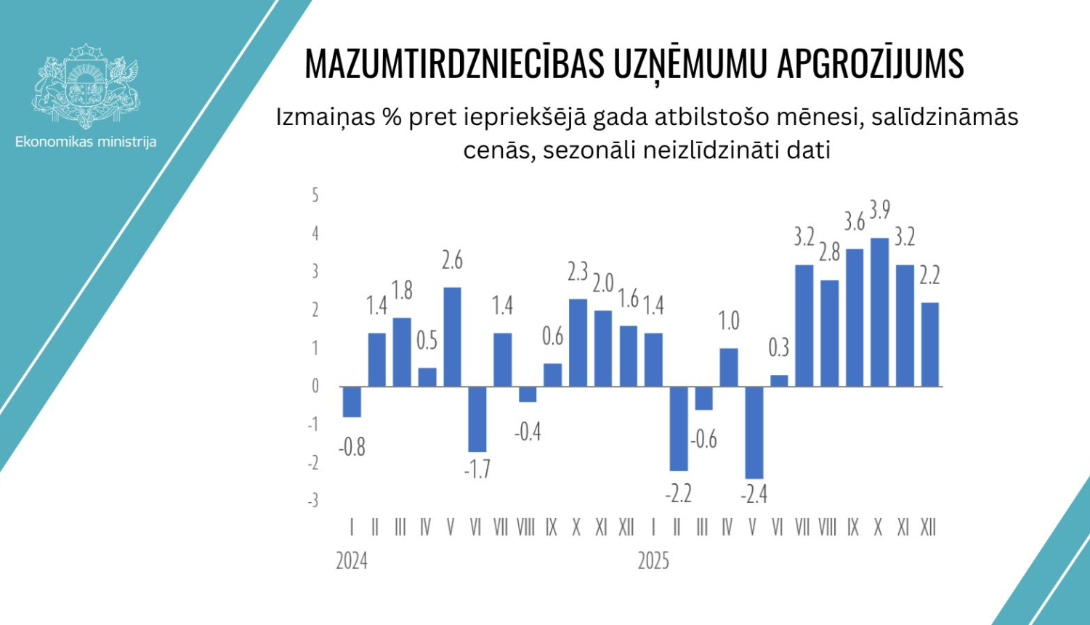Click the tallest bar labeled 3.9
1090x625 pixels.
[x=879, y=312]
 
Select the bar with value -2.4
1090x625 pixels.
[x=754, y=432]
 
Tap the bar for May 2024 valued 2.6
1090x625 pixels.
[x=452, y=336]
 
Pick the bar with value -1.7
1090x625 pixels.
[x=477, y=419]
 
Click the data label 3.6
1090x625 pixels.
[x=854, y=222]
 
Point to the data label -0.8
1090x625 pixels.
[x=352, y=447]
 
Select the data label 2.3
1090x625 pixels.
[x=578, y=272]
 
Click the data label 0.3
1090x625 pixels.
[x=778, y=348]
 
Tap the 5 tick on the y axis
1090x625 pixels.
[x=315, y=195]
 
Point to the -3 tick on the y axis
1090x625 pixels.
[x=312, y=501]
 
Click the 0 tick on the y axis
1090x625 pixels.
[x=315, y=386]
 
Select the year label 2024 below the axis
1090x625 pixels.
[x=352, y=561]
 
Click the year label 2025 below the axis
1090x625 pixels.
[x=653, y=561]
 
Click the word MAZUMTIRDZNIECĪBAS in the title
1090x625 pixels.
[x=454, y=64]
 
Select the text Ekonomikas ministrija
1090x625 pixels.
[x=86, y=142]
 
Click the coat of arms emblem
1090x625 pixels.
[x=86, y=86]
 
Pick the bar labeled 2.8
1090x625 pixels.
[x=829, y=333]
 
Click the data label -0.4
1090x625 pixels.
[x=528, y=432]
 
